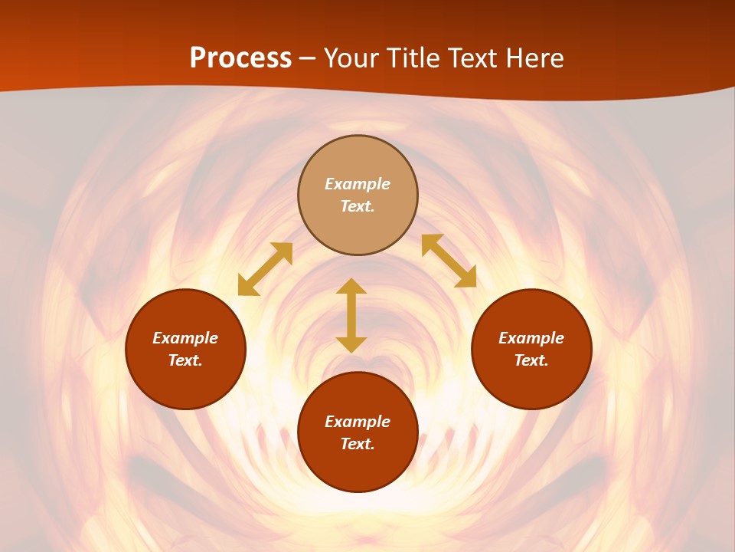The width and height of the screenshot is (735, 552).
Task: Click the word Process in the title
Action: [x=240, y=58]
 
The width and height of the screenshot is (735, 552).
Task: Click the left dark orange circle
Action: [x=185, y=383]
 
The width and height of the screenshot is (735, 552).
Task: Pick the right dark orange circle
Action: [x=531, y=383]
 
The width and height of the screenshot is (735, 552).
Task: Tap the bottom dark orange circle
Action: [x=358, y=468]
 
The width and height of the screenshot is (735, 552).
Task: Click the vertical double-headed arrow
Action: [x=351, y=315]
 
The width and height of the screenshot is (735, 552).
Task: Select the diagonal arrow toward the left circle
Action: [x=265, y=269]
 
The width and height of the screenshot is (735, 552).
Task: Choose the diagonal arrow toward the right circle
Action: [x=449, y=261]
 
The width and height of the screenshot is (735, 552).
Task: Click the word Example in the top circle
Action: [x=358, y=184]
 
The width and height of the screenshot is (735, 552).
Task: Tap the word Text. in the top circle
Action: [x=358, y=206]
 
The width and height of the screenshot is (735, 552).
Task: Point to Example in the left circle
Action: [x=185, y=338]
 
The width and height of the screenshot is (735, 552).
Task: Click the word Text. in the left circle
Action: [x=185, y=360]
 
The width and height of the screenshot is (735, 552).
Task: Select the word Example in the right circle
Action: [x=531, y=338]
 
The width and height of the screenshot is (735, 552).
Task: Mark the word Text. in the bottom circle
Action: [x=358, y=444]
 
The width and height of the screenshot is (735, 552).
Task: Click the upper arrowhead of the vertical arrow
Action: [x=351, y=286]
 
